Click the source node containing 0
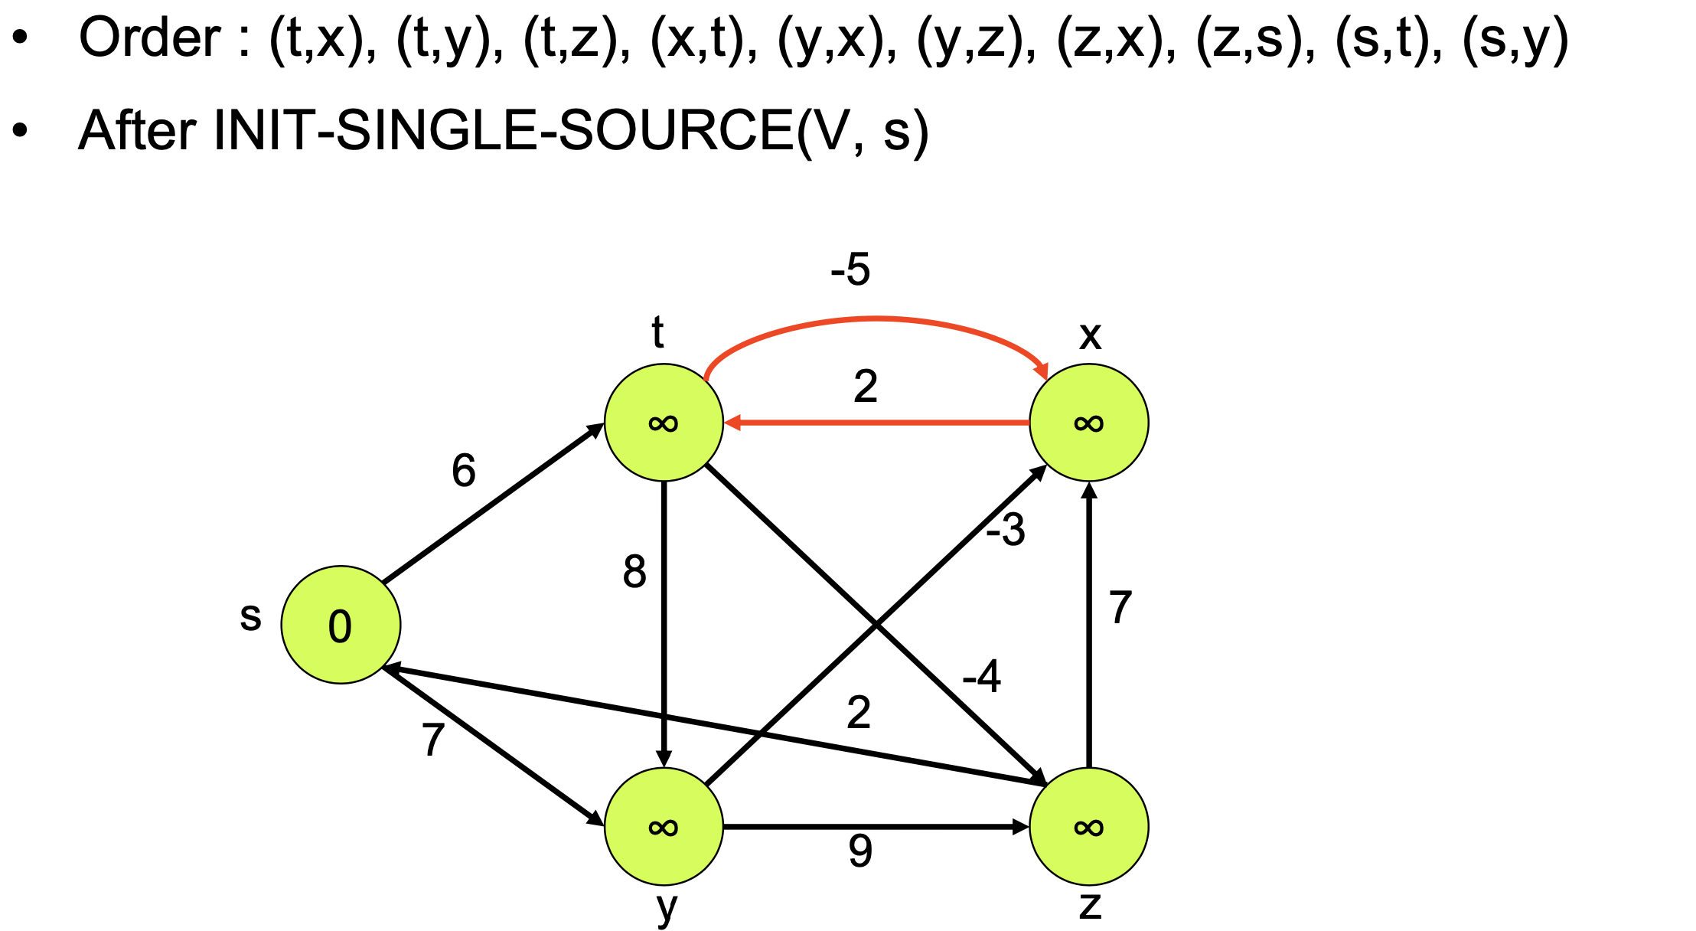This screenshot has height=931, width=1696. click(341, 625)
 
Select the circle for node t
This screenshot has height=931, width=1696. click(664, 423)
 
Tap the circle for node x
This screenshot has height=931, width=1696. click(1088, 423)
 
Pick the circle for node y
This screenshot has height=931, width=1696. click(664, 827)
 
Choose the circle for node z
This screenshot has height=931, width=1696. click(1088, 827)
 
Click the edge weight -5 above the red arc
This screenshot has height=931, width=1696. click(850, 269)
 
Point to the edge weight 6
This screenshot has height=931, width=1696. click(464, 470)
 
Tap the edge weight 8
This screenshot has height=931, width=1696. click(634, 572)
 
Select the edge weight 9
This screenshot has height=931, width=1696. click(860, 851)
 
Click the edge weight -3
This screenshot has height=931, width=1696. click(1006, 530)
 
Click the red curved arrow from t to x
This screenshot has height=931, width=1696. click(876, 318)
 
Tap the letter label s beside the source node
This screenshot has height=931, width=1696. click(250, 616)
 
